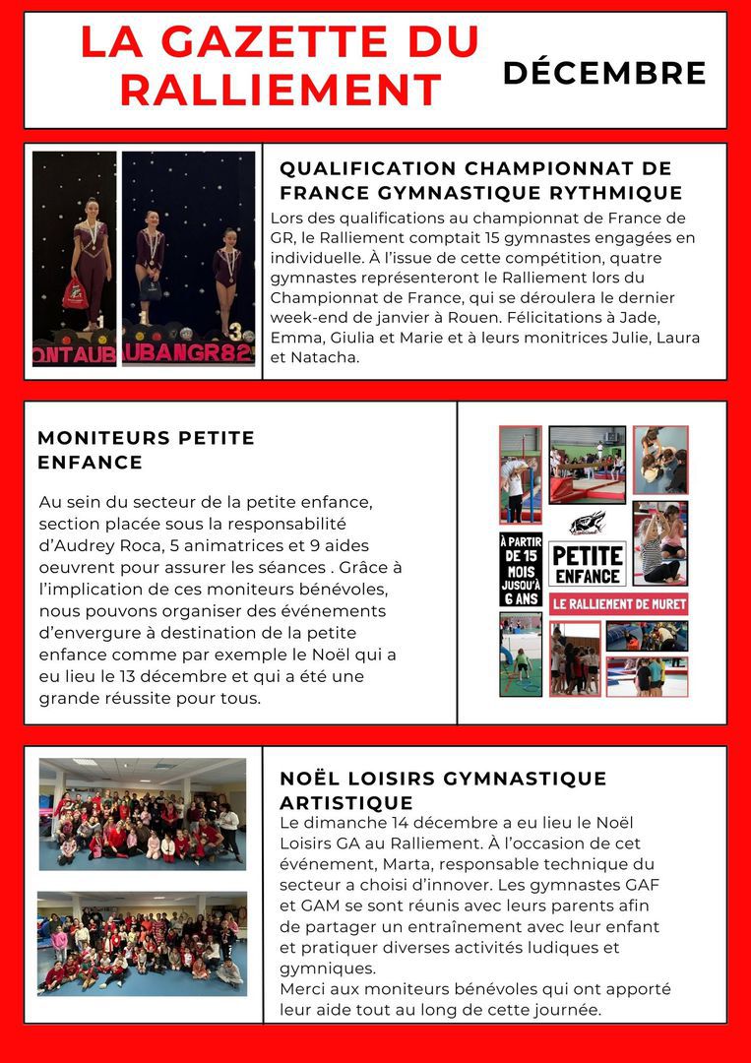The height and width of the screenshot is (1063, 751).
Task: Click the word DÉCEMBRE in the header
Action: click(604, 73)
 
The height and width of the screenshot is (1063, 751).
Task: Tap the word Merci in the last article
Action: click(303, 989)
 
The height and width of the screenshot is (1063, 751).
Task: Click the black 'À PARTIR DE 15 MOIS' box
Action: click(520, 570)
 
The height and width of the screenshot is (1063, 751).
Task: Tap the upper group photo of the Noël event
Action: click(143, 814)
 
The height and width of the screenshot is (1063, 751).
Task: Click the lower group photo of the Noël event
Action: click(143, 941)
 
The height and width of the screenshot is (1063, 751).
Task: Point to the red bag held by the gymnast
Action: click(75, 293)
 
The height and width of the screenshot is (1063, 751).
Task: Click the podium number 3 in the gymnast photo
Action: click(235, 332)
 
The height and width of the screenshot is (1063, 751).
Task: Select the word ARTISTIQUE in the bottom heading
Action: click(346, 802)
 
